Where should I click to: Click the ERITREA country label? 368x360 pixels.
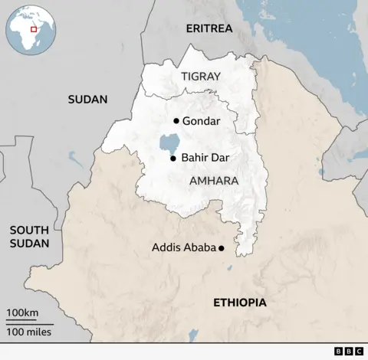(x=209, y=29)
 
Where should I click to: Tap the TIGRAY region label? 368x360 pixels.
(x=201, y=76)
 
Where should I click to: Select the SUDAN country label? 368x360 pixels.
(x=87, y=99)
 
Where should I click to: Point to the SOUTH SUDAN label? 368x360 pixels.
(x=29, y=237)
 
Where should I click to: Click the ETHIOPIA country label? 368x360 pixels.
(x=240, y=303)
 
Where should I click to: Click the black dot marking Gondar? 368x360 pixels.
(x=176, y=121)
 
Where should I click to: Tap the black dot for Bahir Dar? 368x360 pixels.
(x=173, y=159)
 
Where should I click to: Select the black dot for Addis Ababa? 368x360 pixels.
(x=222, y=248)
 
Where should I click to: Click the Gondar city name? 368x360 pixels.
(x=202, y=121)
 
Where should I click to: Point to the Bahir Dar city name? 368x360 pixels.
(x=205, y=159)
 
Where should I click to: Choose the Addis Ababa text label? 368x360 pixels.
(x=183, y=247)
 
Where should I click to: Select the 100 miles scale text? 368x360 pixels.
(x=29, y=332)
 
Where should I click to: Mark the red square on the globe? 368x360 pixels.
(x=34, y=28)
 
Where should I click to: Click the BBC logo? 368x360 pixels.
(x=349, y=351)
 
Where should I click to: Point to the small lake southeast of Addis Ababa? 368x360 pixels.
(x=230, y=267)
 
